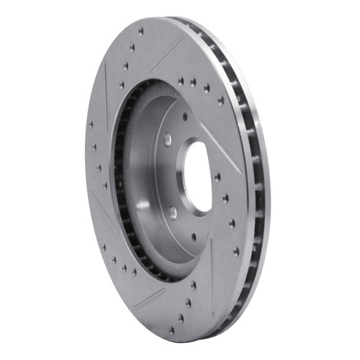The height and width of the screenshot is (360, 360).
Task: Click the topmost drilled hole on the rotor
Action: (x=141, y=31)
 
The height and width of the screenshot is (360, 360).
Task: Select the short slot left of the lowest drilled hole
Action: (x=147, y=297)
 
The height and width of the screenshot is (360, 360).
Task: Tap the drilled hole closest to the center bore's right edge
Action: (x=217, y=176)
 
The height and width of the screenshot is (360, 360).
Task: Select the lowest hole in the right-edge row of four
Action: (x=235, y=251)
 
